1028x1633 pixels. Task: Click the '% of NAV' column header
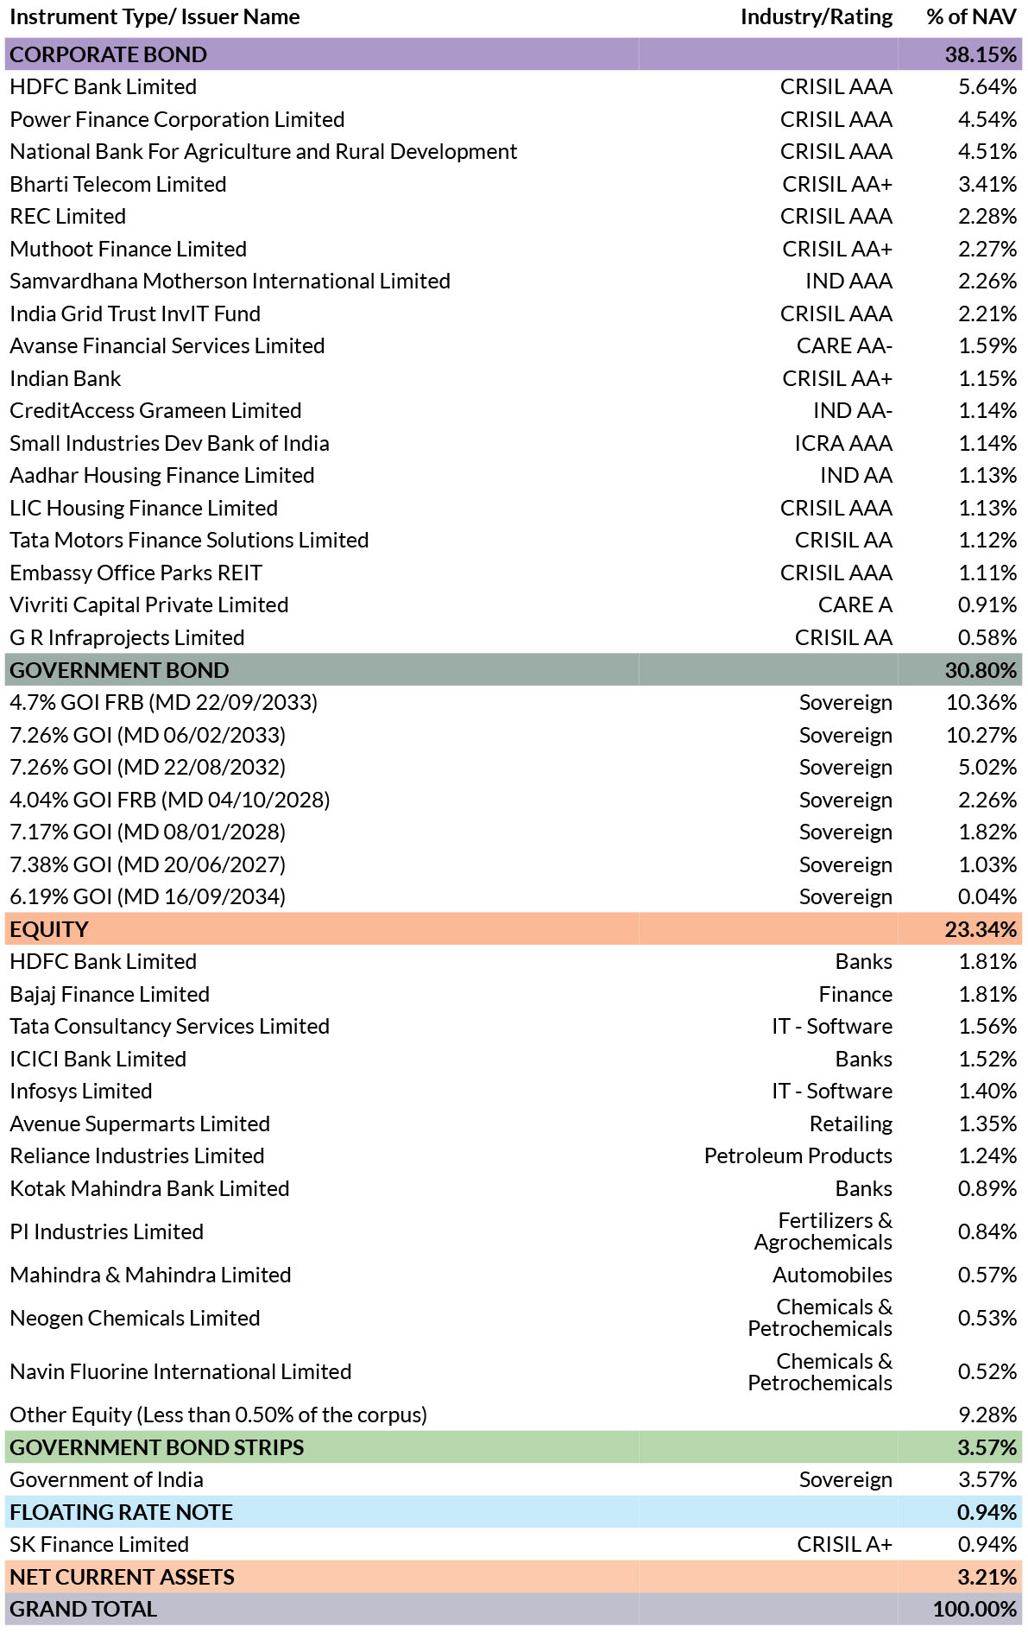point(971,17)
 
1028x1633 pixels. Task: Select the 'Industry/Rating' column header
point(817,18)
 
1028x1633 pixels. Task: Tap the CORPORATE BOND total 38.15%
point(981,54)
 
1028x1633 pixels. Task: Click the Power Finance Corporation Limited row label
point(177,119)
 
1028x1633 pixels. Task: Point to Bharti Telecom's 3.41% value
point(987,184)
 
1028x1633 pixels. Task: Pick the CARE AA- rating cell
point(844,346)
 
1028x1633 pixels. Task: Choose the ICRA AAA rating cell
point(843,443)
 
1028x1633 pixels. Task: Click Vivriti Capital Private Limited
point(149,605)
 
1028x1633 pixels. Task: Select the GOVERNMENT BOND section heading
point(119,670)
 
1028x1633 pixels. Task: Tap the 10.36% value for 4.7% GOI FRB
point(981,702)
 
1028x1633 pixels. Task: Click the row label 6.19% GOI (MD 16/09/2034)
point(148,897)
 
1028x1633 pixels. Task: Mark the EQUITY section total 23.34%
point(981,929)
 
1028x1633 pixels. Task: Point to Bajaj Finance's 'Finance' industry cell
point(855,994)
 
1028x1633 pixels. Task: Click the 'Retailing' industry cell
point(851,1123)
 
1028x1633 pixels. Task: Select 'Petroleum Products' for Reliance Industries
point(798,1155)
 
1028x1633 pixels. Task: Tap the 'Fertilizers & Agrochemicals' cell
point(823,1231)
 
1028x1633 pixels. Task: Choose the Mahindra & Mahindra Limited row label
point(150,1275)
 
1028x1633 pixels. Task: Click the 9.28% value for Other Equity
point(987,1415)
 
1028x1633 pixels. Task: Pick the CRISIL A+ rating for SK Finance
point(844,1544)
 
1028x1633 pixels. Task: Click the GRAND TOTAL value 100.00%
point(974,1609)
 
